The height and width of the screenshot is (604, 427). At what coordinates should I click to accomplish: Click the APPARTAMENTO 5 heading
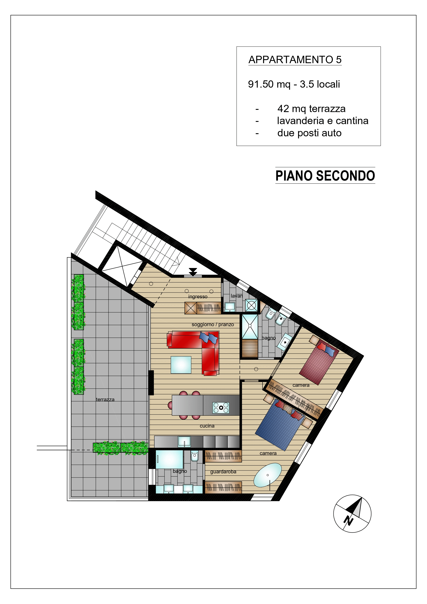coord(295,60)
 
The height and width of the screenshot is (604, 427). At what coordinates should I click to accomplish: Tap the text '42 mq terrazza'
coord(312,109)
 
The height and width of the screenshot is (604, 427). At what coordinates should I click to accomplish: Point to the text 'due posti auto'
coord(309,133)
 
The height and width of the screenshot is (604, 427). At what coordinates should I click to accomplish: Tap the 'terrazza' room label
coord(105,399)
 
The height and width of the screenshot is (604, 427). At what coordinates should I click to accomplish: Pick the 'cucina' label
coord(207,426)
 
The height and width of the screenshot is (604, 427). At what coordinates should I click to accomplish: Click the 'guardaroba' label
coord(223,472)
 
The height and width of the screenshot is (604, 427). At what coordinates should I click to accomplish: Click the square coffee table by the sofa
coord(181,365)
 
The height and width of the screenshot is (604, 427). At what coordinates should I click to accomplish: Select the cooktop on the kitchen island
coord(221,408)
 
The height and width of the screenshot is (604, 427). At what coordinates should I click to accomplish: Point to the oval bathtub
coord(268,475)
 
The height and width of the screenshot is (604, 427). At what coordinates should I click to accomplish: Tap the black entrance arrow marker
coord(193,272)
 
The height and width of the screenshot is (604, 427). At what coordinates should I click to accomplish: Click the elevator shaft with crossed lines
coord(123,266)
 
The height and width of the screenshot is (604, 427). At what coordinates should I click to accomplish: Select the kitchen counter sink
coord(184,442)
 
